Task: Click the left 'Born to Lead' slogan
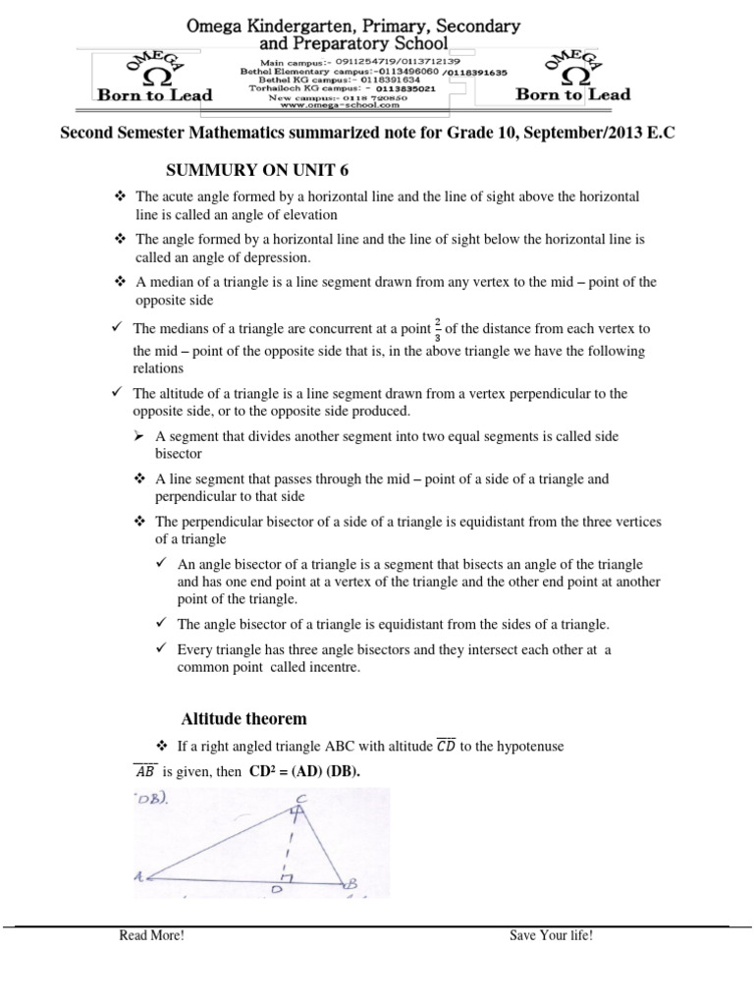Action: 154,95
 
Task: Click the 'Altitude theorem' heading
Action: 243,718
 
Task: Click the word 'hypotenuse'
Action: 529,747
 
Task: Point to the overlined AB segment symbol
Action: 145,771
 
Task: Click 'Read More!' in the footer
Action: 151,935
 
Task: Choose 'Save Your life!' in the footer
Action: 551,935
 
